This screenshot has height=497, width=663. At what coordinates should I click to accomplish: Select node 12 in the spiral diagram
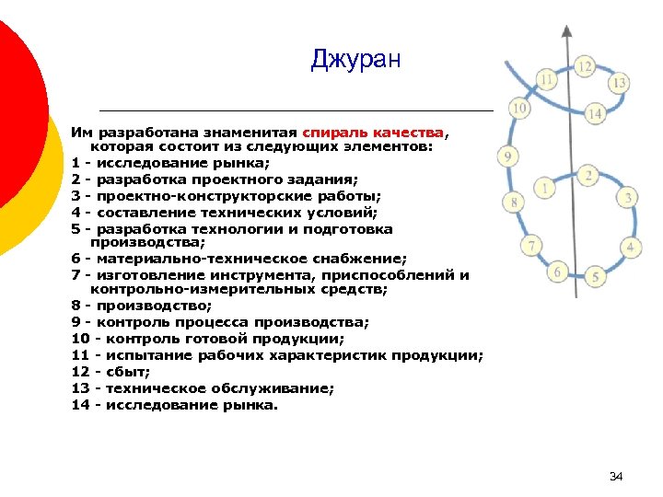tap(585, 66)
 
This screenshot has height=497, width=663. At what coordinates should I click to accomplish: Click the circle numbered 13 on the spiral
tap(620, 83)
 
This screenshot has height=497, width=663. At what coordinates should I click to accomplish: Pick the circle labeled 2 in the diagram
tap(587, 175)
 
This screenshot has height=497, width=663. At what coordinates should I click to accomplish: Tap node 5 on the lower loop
tap(596, 276)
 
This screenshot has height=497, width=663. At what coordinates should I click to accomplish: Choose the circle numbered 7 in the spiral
tap(530, 246)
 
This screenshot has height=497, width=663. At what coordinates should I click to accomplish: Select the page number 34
tap(616, 476)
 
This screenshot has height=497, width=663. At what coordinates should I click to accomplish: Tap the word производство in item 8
tap(151, 306)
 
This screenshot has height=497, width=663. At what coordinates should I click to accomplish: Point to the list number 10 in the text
tap(79, 339)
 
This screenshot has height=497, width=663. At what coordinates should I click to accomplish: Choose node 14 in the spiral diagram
tap(594, 114)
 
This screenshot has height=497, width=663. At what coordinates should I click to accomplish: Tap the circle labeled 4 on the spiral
tap(631, 247)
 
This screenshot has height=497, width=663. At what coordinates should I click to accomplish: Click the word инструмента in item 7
tap(263, 274)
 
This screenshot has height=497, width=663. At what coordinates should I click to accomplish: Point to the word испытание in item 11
tap(146, 355)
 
